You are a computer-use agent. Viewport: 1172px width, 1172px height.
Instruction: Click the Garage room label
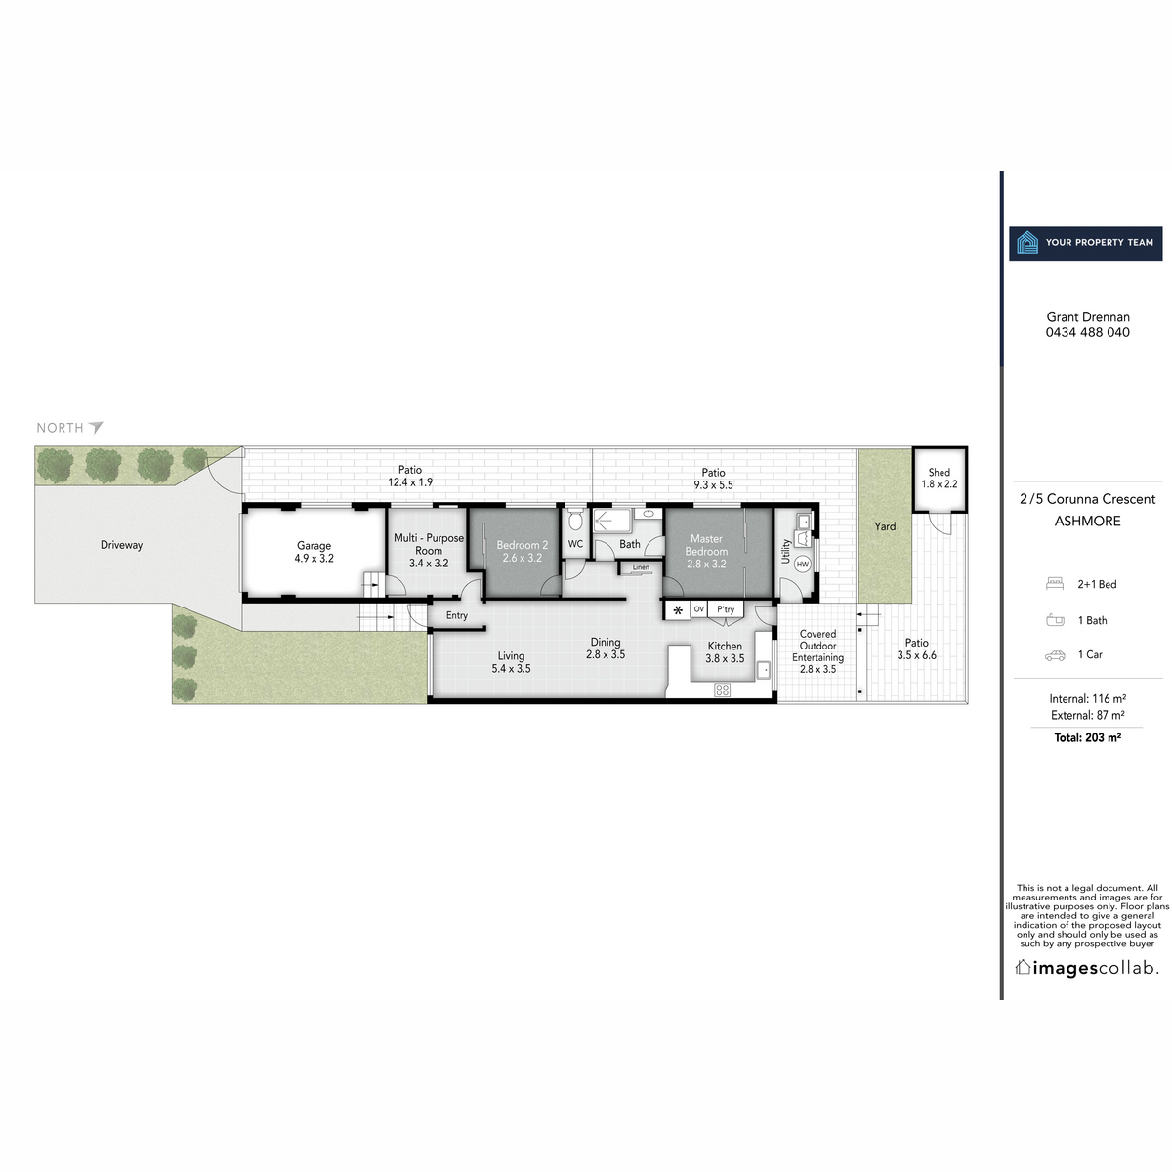tap(314, 552)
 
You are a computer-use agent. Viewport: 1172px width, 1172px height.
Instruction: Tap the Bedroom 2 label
tap(522, 551)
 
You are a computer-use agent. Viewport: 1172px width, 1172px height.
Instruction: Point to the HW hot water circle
tap(803, 565)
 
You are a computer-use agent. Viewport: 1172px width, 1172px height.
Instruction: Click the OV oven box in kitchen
tap(698, 609)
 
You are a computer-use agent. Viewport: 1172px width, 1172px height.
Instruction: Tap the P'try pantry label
tap(726, 609)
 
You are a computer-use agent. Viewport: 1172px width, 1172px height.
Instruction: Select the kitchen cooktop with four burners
tap(723, 690)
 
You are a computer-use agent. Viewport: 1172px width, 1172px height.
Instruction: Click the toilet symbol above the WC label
tap(575, 520)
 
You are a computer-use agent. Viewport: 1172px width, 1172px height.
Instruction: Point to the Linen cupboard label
tap(641, 567)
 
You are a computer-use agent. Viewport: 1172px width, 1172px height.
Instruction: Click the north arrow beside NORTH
tap(96, 427)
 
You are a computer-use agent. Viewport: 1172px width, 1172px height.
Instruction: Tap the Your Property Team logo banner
tap(1086, 243)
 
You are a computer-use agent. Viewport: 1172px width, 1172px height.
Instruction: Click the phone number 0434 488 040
tap(1087, 332)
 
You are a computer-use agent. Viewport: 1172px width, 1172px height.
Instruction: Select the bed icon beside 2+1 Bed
tap(1054, 584)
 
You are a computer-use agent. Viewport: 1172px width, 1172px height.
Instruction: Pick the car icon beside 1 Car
tap(1055, 655)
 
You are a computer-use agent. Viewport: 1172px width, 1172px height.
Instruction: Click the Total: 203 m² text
tap(1087, 738)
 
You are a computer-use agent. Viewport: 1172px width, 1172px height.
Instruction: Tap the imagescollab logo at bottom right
tap(1087, 968)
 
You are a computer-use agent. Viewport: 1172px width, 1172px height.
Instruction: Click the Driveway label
tap(121, 545)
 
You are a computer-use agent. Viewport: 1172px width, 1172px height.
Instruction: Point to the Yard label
tap(885, 526)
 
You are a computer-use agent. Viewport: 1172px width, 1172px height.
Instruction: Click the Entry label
tap(457, 615)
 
